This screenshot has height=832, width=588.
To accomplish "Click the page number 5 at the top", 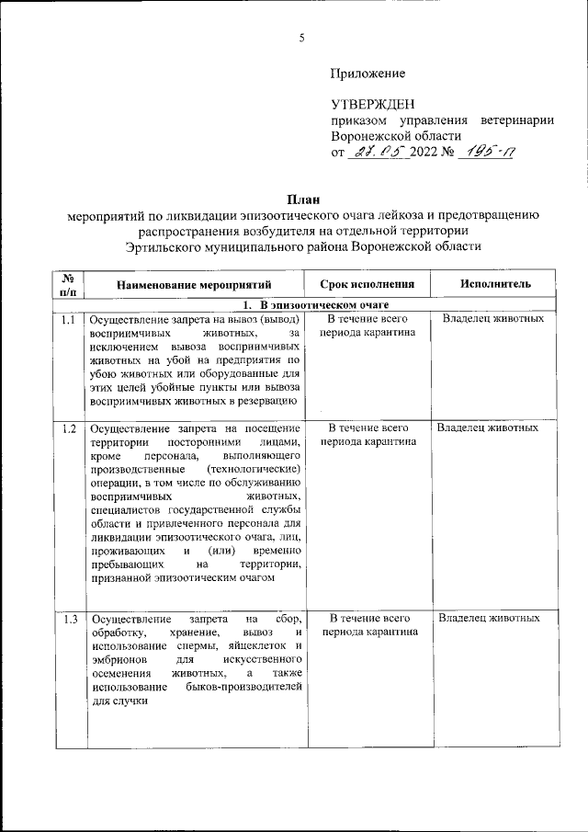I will coord(301,38).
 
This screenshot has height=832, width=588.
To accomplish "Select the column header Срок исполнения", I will coord(367,285).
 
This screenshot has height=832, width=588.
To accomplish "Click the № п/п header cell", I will coord(67,285).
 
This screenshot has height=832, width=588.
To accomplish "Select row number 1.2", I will coord(67,428).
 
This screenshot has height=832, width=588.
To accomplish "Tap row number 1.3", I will coord(67,618).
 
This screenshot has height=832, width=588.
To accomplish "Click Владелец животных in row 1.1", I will coord(493,319).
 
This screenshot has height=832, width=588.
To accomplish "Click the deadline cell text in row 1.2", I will coord(367,435).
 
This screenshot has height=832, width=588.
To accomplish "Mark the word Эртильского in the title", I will coord(169,248).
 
